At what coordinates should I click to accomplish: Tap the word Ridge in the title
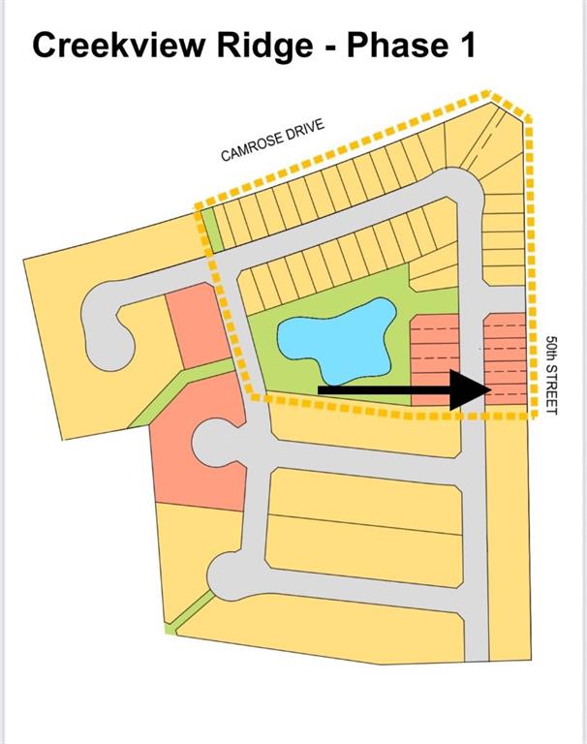tap(264, 46)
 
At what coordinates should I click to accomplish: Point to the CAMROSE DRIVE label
tap(273, 139)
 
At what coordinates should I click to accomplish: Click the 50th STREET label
tap(551, 375)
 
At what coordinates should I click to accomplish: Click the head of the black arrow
tap(470, 390)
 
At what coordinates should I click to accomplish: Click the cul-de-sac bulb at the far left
tap(107, 326)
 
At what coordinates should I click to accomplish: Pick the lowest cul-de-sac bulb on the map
tap(229, 577)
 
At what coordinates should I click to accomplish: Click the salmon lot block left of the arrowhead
tap(434, 359)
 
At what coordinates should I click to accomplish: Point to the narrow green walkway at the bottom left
tap(190, 610)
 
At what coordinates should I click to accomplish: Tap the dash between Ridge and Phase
tap(330, 48)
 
